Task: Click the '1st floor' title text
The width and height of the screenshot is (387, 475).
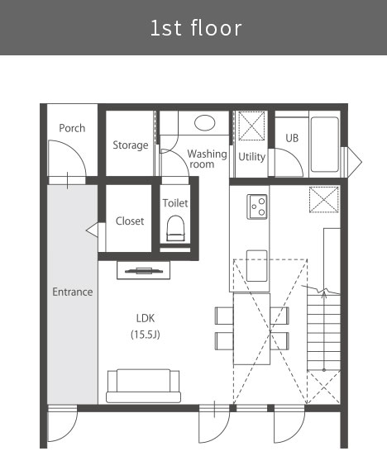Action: [x=196, y=28]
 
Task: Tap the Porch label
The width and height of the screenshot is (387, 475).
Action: [x=72, y=128]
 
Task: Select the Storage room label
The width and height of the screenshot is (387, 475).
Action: [x=131, y=145]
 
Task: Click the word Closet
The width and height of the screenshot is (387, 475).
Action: [x=130, y=221]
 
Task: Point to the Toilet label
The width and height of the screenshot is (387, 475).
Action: [x=175, y=202]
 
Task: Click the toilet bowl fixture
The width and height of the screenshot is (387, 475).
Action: [x=175, y=228]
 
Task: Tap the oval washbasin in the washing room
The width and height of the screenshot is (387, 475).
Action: [x=205, y=123]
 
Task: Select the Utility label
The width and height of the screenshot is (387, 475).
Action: [x=251, y=157]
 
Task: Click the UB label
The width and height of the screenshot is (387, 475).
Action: [x=292, y=138]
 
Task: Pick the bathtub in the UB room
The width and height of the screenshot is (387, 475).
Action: [x=324, y=145]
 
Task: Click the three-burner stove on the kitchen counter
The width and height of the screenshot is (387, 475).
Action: [x=257, y=207]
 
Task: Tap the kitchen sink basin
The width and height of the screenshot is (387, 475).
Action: [x=257, y=266]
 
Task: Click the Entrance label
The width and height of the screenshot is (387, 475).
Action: [x=73, y=292]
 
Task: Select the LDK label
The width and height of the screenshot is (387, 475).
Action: [x=146, y=318]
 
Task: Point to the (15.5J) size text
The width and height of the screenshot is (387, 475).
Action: [x=146, y=335]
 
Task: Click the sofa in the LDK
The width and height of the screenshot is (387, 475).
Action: [x=143, y=386]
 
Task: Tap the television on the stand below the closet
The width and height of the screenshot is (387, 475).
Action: [x=143, y=270]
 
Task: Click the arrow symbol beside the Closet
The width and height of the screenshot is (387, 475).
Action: [x=92, y=230]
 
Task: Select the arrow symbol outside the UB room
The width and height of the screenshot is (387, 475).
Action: [x=355, y=162]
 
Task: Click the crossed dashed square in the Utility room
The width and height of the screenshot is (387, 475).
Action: [x=251, y=126]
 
